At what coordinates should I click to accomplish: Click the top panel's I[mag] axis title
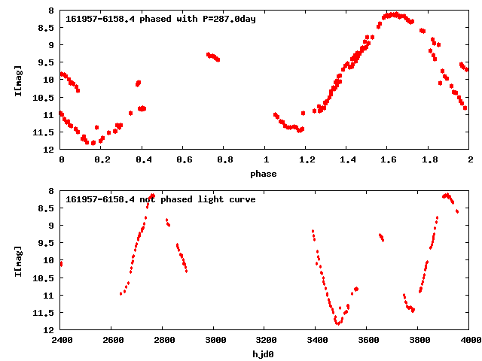[17, 79]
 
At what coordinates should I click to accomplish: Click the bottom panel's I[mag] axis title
[17, 259]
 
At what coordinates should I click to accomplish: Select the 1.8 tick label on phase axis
[429, 159]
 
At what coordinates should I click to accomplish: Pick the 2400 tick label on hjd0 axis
[61, 340]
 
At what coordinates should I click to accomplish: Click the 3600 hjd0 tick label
[368, 340]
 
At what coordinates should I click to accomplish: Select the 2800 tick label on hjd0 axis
[163, 340]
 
